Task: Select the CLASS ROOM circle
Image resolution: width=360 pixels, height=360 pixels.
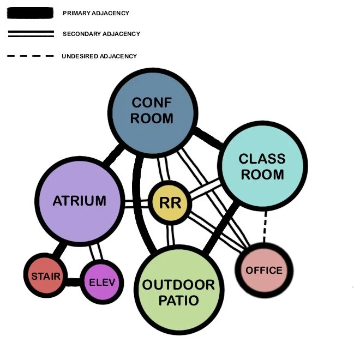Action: point(262,167)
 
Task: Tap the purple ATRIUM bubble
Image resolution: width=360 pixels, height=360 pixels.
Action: point(80,201)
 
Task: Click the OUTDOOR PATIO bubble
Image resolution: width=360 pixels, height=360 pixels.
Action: point(179,292)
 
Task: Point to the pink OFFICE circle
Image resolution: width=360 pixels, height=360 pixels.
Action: point(264,271)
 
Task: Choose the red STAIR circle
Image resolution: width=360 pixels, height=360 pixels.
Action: point(46,276)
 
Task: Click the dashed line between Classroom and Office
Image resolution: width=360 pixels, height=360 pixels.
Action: point(265,227)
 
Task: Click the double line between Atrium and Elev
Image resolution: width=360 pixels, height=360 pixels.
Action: point(97,253)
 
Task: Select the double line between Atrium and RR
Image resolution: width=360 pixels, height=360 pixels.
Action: point(136,203)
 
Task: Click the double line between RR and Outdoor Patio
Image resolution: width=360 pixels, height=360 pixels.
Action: point(171,233)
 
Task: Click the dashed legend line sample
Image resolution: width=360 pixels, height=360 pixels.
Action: point(31,56)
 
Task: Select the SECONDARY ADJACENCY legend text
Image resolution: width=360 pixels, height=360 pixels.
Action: point(101,34)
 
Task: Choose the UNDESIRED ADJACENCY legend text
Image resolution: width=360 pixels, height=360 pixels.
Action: point(99,56)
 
